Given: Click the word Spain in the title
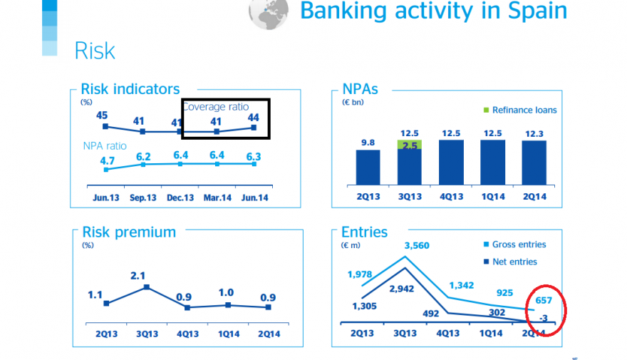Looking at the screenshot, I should point(532,11).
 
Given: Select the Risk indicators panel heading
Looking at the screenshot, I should point(130,89).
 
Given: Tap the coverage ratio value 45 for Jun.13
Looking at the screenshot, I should point(102,115).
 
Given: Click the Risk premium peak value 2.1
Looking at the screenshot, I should point(145,276).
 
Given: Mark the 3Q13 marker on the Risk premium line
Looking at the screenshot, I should point(146,287).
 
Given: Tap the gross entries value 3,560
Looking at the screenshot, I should point(418,246).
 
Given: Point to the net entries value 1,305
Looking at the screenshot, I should point(363,306).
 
